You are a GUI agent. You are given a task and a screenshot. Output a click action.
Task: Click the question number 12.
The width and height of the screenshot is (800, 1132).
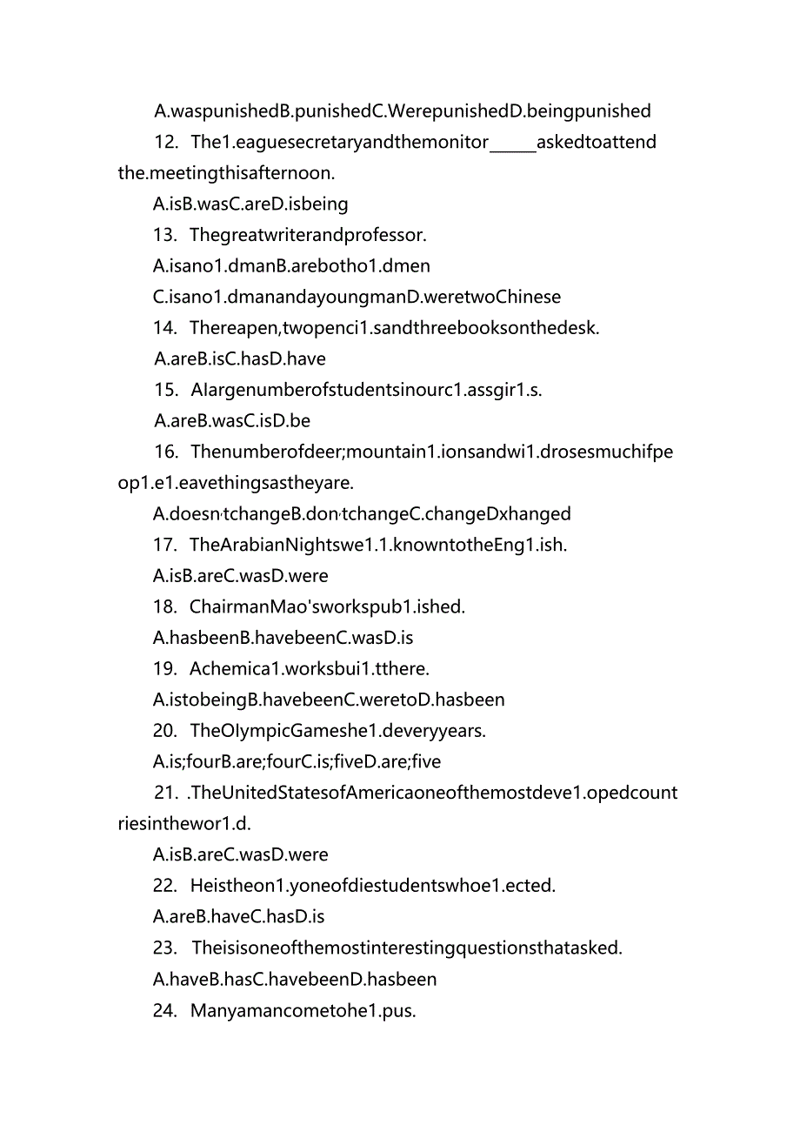(166, 142)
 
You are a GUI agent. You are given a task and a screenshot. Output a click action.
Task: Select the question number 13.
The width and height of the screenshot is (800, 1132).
(165, 235)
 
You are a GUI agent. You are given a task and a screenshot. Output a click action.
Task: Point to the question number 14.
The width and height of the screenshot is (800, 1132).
(165, 328)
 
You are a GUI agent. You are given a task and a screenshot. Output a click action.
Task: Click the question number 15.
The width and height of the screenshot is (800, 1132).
(165, 390)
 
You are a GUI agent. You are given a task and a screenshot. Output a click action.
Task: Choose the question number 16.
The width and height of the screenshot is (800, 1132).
(165, 452)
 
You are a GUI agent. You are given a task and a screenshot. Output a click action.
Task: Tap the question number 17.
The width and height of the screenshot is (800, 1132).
(165, 545)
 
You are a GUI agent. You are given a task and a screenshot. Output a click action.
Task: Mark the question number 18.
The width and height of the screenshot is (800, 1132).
(165, 606)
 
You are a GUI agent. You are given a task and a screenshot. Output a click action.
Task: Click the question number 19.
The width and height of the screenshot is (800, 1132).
(165, 668)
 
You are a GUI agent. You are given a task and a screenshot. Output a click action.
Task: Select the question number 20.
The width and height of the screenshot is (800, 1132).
(165, 731)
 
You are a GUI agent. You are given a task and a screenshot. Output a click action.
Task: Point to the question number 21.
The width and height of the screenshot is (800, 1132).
(165, 793)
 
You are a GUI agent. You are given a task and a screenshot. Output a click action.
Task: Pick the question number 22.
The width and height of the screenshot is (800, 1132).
(165, 886)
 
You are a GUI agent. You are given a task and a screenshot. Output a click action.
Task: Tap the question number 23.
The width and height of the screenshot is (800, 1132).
(165, 948)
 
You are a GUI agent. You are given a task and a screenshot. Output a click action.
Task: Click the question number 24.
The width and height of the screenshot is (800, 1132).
(165, 1010)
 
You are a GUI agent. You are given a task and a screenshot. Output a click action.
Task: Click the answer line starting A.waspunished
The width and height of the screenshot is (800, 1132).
(402, 111)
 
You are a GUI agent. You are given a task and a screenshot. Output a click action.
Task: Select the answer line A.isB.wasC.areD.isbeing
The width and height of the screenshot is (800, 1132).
(250, 204)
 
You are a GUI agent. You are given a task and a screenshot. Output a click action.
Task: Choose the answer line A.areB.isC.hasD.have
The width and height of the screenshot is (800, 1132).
(240, 358)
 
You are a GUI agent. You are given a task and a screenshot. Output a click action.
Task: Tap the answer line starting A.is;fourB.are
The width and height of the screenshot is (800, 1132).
(297, 762)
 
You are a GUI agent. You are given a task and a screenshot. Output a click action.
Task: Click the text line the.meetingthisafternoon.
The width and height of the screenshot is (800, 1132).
(226, 173)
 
